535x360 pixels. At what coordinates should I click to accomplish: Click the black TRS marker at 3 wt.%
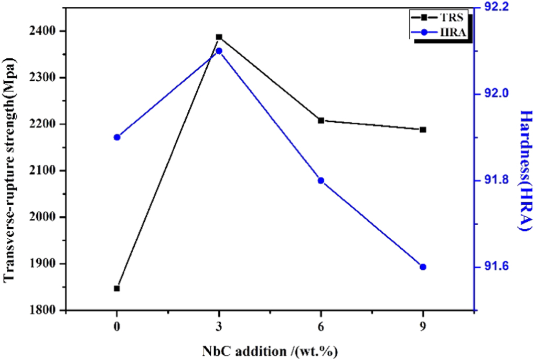[219, 37]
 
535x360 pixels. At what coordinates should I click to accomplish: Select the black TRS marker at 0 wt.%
[117, 288]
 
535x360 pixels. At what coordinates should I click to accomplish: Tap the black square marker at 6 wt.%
[322, 120]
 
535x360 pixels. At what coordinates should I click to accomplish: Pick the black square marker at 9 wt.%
[423, 130]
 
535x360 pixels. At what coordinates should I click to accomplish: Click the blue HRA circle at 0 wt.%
[117, 137]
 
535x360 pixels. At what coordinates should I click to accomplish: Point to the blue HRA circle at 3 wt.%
[219, 51]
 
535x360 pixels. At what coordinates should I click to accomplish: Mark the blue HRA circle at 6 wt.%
[322, 181]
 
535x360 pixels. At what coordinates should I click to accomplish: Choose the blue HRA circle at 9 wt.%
[423, 267]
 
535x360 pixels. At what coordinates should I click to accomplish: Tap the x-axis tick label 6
[322, 327]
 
